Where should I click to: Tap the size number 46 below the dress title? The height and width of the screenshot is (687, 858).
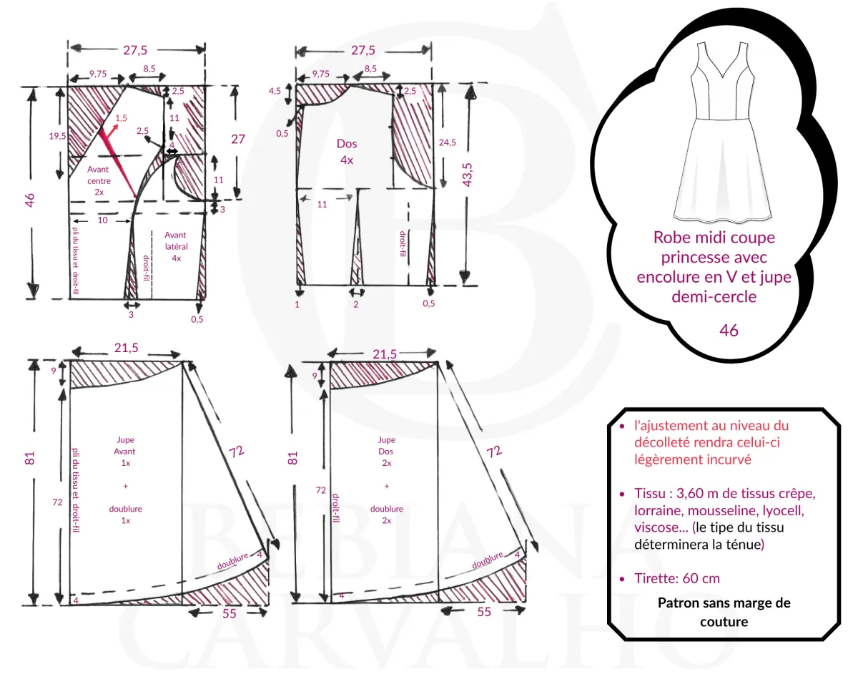[x=729, y=331]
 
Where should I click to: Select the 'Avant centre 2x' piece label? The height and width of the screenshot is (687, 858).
[x=99, y=180]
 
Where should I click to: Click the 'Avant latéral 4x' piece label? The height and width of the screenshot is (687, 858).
[x=176, y=246]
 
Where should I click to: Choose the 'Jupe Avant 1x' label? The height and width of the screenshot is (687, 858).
[x=125, y=452]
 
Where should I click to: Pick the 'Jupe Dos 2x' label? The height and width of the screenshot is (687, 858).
[x=387, y=452]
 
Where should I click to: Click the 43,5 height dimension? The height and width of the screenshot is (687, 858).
[x=469, y=175]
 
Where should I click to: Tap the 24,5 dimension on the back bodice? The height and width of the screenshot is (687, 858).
[x=448, y=142]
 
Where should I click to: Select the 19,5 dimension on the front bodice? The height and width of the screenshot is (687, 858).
[x=57, y=136]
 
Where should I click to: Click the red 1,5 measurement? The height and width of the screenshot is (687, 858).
[x=121, y=117]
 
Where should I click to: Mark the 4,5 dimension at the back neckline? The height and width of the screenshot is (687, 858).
[x=275, y=92]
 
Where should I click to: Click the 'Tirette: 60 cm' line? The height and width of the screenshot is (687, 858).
[x=676, y=578]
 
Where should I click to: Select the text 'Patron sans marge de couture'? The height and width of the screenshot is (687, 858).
[x=724, y=612]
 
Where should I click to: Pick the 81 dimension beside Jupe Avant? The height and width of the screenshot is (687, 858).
[x=30, y=458]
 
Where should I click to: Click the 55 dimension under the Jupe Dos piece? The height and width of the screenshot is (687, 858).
[x=484, y=612]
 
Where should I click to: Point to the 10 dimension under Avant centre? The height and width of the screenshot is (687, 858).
[x=102, y=220]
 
